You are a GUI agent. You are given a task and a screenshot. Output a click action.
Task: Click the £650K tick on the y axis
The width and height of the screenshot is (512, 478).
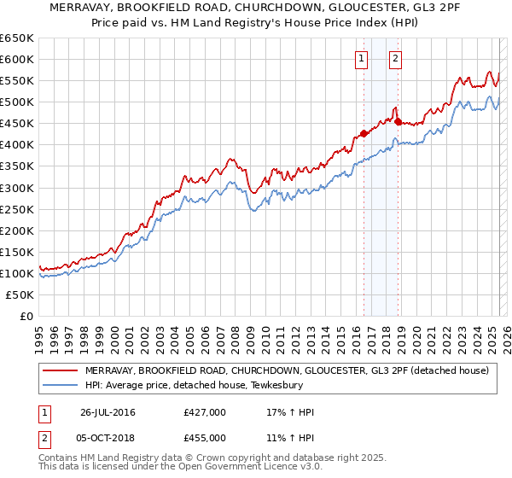[x=16, y=38]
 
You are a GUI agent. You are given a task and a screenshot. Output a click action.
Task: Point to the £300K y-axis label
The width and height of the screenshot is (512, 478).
[x=16, y=188]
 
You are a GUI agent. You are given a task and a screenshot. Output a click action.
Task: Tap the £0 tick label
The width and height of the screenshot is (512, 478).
[x=26, y=317]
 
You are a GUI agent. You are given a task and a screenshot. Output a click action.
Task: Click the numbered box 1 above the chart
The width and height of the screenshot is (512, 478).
[x=362, y=59]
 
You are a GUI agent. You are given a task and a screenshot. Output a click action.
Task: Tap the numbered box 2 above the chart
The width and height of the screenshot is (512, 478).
[x=397, y=59]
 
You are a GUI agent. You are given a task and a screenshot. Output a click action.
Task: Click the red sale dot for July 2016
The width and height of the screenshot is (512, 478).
[x=364, y=133]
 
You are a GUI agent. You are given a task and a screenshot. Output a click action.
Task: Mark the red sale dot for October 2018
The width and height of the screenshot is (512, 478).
[x=398, y=121]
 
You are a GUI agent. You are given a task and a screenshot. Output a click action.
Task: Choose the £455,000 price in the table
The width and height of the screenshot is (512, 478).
[x=205, y=437]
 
